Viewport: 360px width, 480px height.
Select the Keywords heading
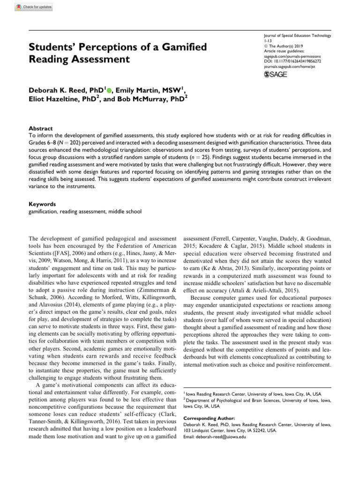43,204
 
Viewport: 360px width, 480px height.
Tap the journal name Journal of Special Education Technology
298,36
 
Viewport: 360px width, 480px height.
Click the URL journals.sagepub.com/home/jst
288,67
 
